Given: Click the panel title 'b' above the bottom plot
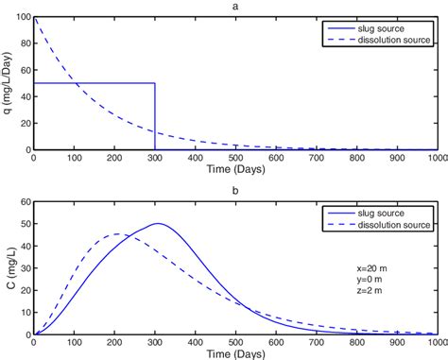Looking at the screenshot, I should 235,192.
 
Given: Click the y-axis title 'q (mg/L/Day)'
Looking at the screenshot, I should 8,83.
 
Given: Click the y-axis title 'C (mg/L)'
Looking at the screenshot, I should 8,268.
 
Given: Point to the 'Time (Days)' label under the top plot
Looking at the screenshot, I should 235,172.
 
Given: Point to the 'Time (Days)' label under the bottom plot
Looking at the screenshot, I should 235,353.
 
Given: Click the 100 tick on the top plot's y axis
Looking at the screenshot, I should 21,18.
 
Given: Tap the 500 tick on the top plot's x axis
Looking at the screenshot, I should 235,159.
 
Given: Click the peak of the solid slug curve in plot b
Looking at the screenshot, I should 157,224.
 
